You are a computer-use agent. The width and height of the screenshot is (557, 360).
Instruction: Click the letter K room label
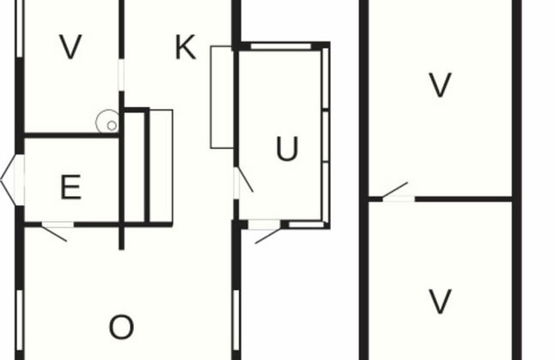tap(185, 47)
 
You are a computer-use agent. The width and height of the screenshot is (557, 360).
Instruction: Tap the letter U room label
tap(287, 148)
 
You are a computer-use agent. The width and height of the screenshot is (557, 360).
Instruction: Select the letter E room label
tap(71, 187)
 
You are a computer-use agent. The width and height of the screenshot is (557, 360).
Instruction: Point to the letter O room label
tap(122, 327)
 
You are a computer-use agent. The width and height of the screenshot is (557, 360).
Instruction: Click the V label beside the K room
tap(71, 46)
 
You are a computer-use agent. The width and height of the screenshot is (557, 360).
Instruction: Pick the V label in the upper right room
tap(440, 85)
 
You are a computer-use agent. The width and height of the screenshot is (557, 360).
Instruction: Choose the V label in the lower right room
tap(440, 302)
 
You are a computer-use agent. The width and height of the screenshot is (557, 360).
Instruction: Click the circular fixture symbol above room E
tap(108, 122)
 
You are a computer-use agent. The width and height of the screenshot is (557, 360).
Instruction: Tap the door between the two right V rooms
tap(398, 193)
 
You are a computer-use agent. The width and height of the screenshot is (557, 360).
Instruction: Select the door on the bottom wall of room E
tap(57, 231)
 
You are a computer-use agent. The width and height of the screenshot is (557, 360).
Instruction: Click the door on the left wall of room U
tap(243, 183)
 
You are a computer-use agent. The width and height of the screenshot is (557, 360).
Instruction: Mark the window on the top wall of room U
tap(281, 46)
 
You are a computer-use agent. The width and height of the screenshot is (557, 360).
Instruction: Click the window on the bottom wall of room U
tap(307, 225)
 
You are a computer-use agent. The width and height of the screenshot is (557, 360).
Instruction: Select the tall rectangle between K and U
tap(222, 97)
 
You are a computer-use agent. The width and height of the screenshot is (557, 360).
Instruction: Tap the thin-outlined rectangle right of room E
tap(161, 167)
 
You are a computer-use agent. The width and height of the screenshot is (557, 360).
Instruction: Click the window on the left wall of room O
tap(20, 320)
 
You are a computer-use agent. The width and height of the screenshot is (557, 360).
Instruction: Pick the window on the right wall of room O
tap(237, 320)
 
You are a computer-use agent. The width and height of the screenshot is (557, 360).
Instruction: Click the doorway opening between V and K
tap(122, 75)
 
